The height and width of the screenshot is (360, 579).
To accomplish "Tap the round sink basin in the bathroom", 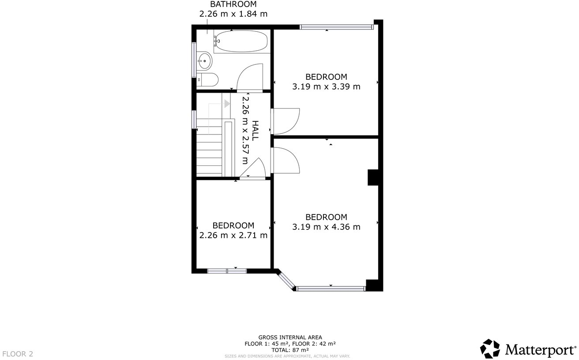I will tap(204, 61).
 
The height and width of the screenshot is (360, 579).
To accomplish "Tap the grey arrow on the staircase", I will tap(227, 104).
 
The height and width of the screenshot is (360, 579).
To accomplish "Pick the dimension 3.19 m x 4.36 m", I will tap(326, 227).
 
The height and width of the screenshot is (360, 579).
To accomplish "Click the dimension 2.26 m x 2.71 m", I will tap(233, 236).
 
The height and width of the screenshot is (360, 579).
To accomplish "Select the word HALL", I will tap(255, 131).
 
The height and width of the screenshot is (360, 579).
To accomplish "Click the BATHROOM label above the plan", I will tap(233, 4).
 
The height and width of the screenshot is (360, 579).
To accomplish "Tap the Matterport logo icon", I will tap(490, 349).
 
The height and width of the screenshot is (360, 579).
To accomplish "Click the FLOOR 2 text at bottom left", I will tap(18, 354).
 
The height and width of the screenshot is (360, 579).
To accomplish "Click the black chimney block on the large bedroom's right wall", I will tap(373, 177).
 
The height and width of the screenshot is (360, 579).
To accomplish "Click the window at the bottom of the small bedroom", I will tap(227, 270).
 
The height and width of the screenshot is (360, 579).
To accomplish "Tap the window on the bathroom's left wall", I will tap(194, 60).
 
